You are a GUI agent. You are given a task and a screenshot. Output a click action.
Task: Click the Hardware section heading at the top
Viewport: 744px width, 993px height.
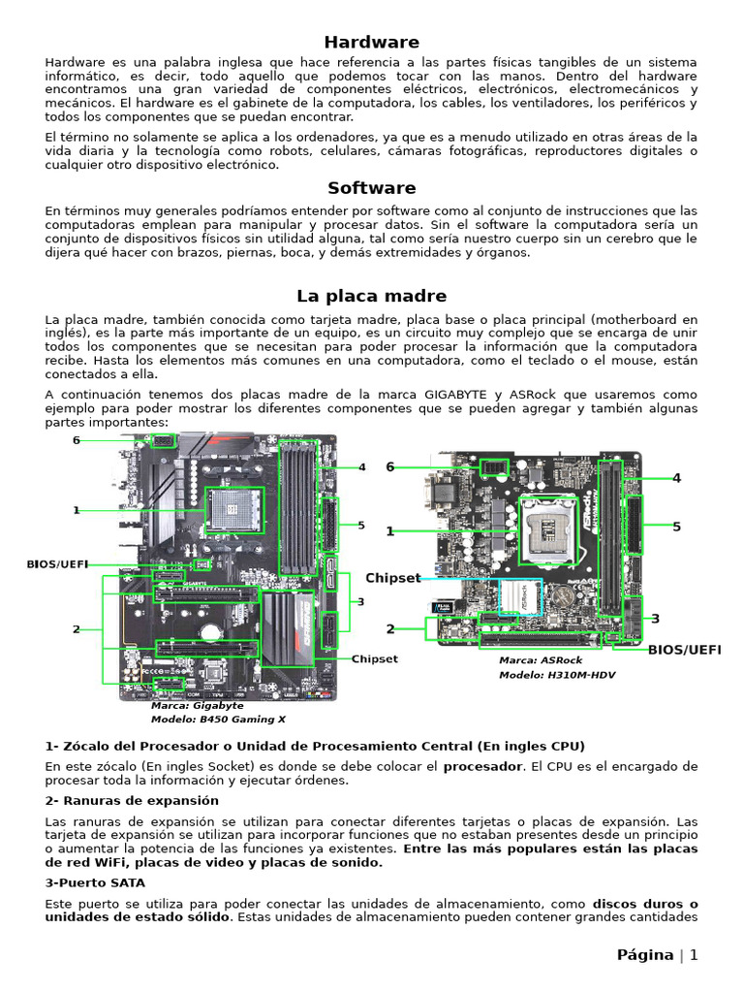371,42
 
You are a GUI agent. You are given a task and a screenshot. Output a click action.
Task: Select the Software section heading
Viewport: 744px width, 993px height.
371,188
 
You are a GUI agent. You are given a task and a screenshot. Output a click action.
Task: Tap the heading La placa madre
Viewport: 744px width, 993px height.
371,296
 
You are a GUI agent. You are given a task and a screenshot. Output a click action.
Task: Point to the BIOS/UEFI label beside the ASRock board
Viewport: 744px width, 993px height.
684,649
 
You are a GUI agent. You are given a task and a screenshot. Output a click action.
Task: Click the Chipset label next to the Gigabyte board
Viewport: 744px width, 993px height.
374,658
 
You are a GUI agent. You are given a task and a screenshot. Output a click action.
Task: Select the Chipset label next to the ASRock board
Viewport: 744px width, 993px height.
392,578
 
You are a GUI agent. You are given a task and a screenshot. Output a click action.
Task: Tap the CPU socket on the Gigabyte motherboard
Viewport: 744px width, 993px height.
230,508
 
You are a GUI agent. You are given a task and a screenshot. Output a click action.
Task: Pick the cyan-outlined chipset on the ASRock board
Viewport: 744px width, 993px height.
518,598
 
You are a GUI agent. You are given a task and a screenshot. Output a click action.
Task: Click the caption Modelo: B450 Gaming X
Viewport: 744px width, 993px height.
218,720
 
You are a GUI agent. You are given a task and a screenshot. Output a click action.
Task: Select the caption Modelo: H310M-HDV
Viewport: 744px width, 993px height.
556,675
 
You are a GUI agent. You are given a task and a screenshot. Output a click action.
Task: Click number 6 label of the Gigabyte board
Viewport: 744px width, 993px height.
76,440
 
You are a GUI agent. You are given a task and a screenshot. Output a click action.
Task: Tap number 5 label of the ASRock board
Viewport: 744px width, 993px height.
677,527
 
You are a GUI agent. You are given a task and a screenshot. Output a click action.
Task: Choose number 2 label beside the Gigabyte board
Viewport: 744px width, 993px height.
76,629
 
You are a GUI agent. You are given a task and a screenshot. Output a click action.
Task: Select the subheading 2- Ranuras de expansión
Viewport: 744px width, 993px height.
132,800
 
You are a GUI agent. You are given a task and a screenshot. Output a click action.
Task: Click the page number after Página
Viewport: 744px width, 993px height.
694,955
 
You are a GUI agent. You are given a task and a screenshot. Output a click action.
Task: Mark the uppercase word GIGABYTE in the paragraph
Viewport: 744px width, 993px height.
461,395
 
